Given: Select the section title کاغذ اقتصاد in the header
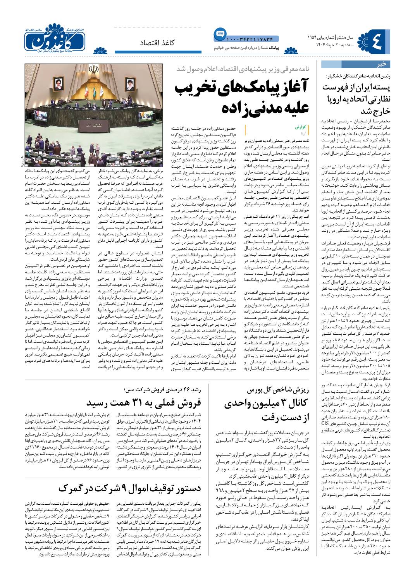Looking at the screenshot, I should click(154, 41).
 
